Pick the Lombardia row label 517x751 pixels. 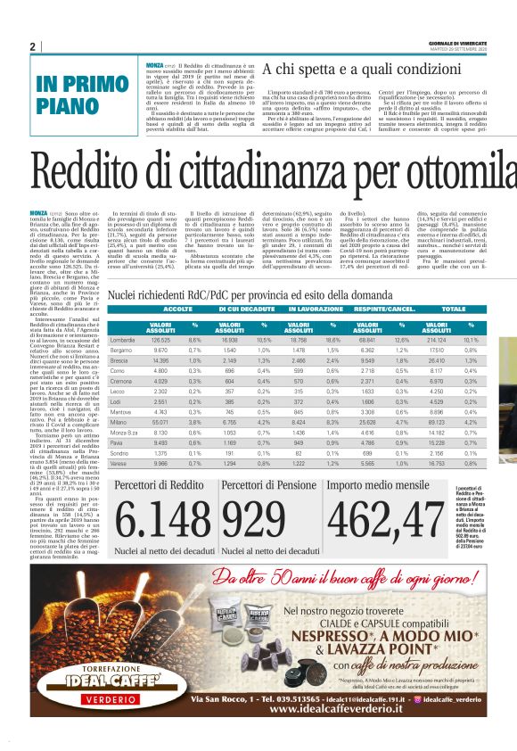click(122, 340)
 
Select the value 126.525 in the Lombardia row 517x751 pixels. click(161, 340)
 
